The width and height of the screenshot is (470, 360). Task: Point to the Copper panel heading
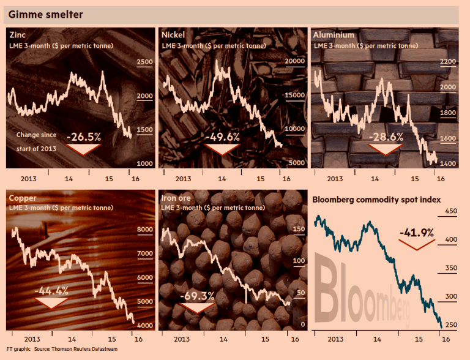(23, 198)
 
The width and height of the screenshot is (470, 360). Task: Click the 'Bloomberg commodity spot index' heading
(378, 200)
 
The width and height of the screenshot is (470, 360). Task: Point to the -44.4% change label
(51, 290)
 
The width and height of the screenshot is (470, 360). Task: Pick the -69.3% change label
(198, 296)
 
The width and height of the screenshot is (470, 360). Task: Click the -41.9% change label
(416, 233)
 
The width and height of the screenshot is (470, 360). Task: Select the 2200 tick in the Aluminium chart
(448, 62)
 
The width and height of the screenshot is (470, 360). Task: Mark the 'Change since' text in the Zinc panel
(36, 135)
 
